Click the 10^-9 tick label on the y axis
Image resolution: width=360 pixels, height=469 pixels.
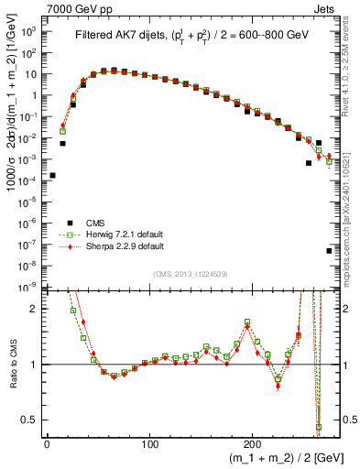click(29, 287)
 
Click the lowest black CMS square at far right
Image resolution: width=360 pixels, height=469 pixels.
click(329, 250)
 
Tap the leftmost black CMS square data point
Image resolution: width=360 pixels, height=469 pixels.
click(52, 175)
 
